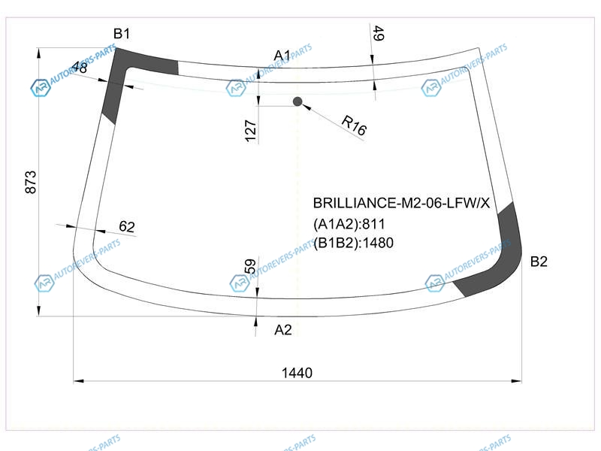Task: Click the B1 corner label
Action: [x=122, y=34]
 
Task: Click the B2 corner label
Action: [x=539, y=262]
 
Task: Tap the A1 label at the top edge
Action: [x=282, y=56]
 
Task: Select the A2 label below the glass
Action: [x=283, y=330]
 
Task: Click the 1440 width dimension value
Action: [x=297, y=373]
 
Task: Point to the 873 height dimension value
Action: [x=30, y=182]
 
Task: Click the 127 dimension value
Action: [x=250, y=131]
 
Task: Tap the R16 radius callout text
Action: [x=354, y=125]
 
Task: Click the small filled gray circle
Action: [x=297, y=101]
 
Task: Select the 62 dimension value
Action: [x=127, y=226]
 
